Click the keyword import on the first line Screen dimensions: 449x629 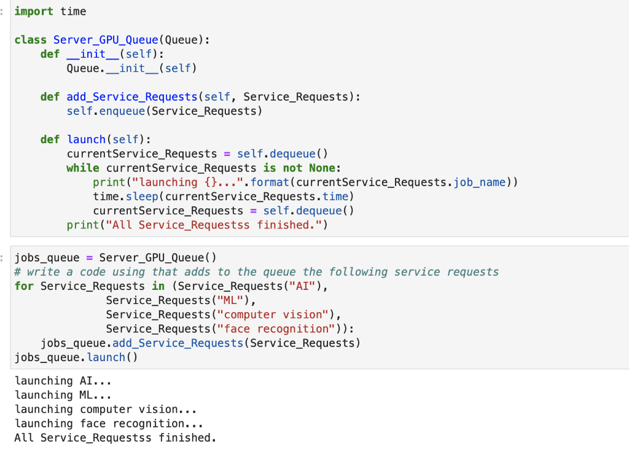point(34,12)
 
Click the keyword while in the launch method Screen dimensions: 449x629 point(83,168)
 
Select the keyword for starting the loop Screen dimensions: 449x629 point(24,286)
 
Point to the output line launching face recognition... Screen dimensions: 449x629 point(109,423)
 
